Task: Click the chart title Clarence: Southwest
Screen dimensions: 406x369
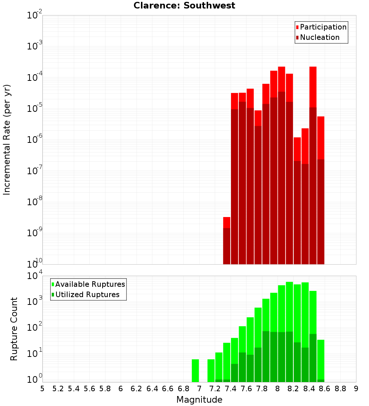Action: point(184,6)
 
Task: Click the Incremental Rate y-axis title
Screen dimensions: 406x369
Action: point(7,140)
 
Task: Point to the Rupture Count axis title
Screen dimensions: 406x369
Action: point(14,329)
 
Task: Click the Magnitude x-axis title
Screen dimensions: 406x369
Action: point(199,400)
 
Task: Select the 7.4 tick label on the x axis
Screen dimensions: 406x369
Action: point(231,389)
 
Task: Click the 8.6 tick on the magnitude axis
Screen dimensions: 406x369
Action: point(325,389)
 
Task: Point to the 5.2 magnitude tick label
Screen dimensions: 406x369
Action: point(58,389)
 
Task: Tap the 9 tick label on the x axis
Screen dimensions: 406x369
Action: point(356,389)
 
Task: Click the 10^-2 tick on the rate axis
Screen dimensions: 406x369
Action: point(34,16)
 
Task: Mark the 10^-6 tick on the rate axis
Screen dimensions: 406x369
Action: point(34,140)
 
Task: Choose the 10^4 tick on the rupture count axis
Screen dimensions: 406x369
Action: point(34,276)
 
